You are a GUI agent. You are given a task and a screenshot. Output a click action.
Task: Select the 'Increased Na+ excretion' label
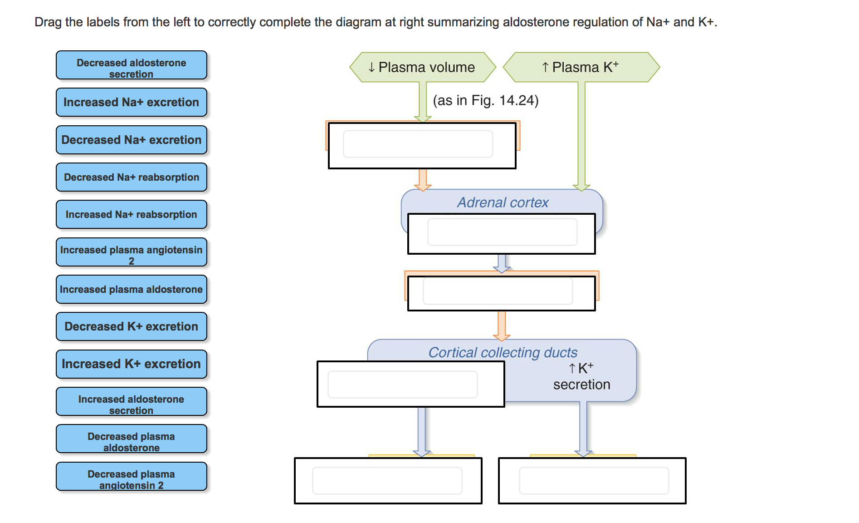tap(131, 103)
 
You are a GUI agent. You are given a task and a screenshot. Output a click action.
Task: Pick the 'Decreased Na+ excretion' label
tap(131, 140)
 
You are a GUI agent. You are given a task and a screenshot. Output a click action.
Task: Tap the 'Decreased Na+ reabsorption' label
tap(131, 178)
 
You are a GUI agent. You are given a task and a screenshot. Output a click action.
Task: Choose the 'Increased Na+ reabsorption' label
tap(131, 215)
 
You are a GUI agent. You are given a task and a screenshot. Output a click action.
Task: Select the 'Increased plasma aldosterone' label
tap(131, 290)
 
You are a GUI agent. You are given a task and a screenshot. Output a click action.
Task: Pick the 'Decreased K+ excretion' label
tap(131, 327)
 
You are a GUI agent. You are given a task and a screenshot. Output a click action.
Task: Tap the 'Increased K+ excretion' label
tap(131, 364)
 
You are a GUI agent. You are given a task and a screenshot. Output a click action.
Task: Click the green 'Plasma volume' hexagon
tap(422, 67)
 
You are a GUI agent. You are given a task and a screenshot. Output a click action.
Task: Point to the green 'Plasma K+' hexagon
tap(581, 67)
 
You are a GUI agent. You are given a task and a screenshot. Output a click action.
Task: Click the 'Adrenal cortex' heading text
tap(503, 202)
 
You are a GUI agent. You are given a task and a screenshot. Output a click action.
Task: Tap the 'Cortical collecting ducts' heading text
tap(503, 352)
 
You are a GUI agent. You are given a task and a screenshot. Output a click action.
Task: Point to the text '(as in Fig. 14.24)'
tap(486, 100)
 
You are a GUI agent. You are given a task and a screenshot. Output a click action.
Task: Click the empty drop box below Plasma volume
tap(418, 144)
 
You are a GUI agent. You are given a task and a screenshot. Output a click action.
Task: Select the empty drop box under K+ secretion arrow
tap(594, 481)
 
